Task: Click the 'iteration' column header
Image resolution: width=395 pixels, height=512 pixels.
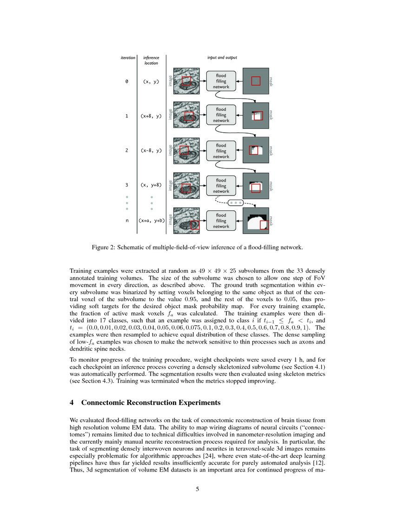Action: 128,58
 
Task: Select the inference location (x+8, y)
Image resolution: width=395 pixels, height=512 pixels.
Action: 151,116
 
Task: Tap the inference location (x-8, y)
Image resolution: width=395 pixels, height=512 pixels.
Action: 151,150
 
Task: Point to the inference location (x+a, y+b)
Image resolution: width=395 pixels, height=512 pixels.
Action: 151,221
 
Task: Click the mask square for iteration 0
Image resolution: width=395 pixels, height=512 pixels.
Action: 256,81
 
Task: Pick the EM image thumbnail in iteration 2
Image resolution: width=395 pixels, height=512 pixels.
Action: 186,150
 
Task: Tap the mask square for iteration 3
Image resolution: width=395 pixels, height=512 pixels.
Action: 256,185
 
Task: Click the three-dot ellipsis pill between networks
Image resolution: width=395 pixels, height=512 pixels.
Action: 236,203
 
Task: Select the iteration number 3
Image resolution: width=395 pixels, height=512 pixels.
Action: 127,185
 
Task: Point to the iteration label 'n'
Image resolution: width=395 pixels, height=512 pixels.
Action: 127,221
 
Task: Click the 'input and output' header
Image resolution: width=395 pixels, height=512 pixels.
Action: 222,58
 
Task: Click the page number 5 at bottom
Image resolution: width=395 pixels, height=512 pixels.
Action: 197,489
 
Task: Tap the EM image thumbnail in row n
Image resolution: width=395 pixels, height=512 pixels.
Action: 186,221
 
